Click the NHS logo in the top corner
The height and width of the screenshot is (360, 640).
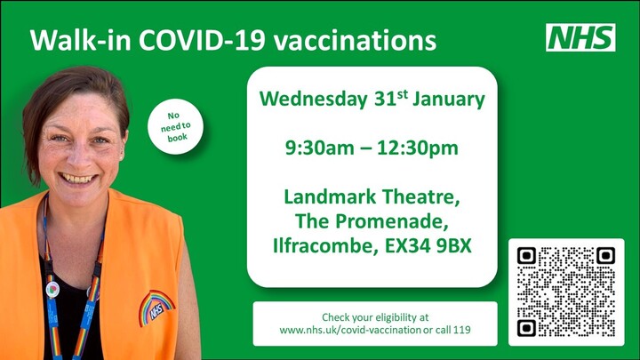580,37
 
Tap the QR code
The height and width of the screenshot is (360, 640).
566,292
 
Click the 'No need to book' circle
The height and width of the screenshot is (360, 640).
175,126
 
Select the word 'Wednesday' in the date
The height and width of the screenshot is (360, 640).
314,100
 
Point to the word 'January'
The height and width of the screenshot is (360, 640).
449,100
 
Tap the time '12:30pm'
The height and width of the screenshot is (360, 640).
418,148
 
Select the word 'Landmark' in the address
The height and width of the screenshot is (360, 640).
330,196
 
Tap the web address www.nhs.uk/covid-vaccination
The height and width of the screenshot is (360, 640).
350,330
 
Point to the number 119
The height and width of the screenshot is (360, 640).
462,330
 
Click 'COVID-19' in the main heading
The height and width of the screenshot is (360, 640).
203,40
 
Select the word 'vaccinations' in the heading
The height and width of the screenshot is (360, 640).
355,40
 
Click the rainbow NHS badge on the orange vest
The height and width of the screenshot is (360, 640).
156,307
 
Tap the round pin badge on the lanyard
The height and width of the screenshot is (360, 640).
52,290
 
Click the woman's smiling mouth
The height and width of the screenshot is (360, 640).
77,179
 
